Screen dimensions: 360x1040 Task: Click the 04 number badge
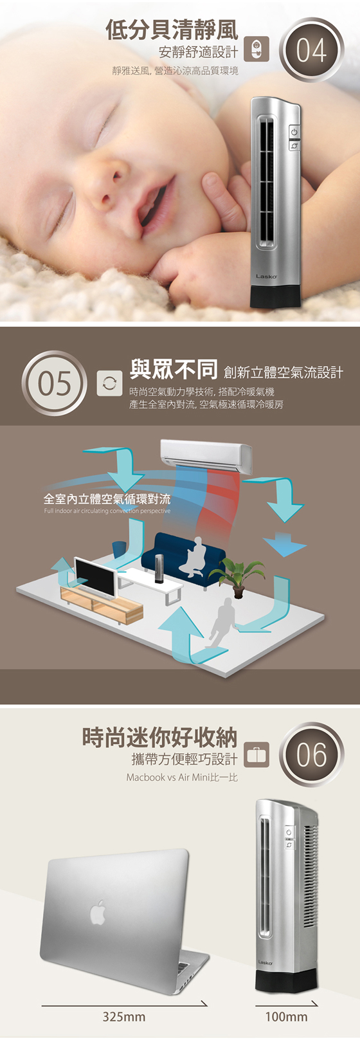pos(311,50)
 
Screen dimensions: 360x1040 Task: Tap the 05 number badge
pos(54,383)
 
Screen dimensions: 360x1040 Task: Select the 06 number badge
pos(311,754)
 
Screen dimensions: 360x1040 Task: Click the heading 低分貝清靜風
pos(172,30)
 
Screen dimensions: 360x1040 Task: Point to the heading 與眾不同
pos(174,369)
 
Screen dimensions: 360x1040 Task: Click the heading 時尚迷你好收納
pos(159,737)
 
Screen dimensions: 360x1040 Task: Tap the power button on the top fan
pos(293,132)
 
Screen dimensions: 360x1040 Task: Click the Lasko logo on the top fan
pos(266,277)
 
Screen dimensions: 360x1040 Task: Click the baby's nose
pos(104,186)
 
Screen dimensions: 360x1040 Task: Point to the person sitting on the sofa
pos(194,557)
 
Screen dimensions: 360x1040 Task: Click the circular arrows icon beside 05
pos(109,383)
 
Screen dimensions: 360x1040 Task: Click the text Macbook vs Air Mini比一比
pos(182,777)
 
